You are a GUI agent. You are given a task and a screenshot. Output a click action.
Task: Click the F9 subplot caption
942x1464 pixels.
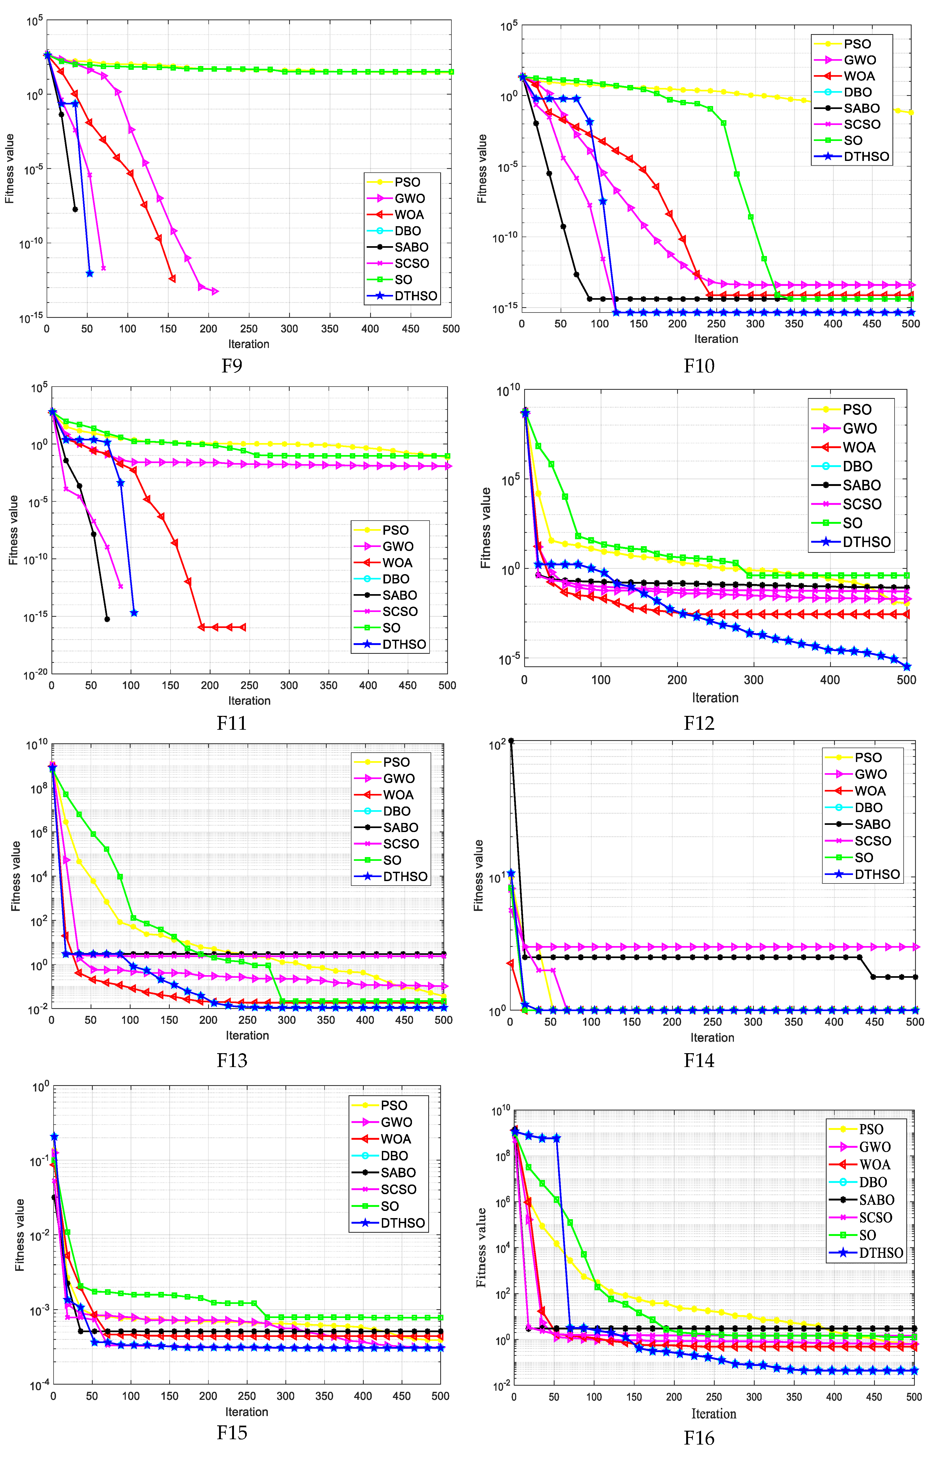(x=232, y=366)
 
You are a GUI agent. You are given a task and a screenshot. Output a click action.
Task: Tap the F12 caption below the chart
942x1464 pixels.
(x=698, y=723)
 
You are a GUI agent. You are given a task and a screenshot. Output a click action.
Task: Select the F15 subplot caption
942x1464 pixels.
(x=232, y=1432)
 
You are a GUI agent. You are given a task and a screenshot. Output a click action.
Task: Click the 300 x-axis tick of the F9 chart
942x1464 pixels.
(x=289, y=329)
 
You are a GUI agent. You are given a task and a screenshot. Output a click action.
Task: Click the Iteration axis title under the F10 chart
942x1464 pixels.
(x=716, y=339)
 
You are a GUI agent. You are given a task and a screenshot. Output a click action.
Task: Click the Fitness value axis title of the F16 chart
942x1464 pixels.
(x=482, y=1247)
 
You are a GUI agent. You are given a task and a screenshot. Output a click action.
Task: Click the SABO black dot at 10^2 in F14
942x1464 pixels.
(x=511, y=741)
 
